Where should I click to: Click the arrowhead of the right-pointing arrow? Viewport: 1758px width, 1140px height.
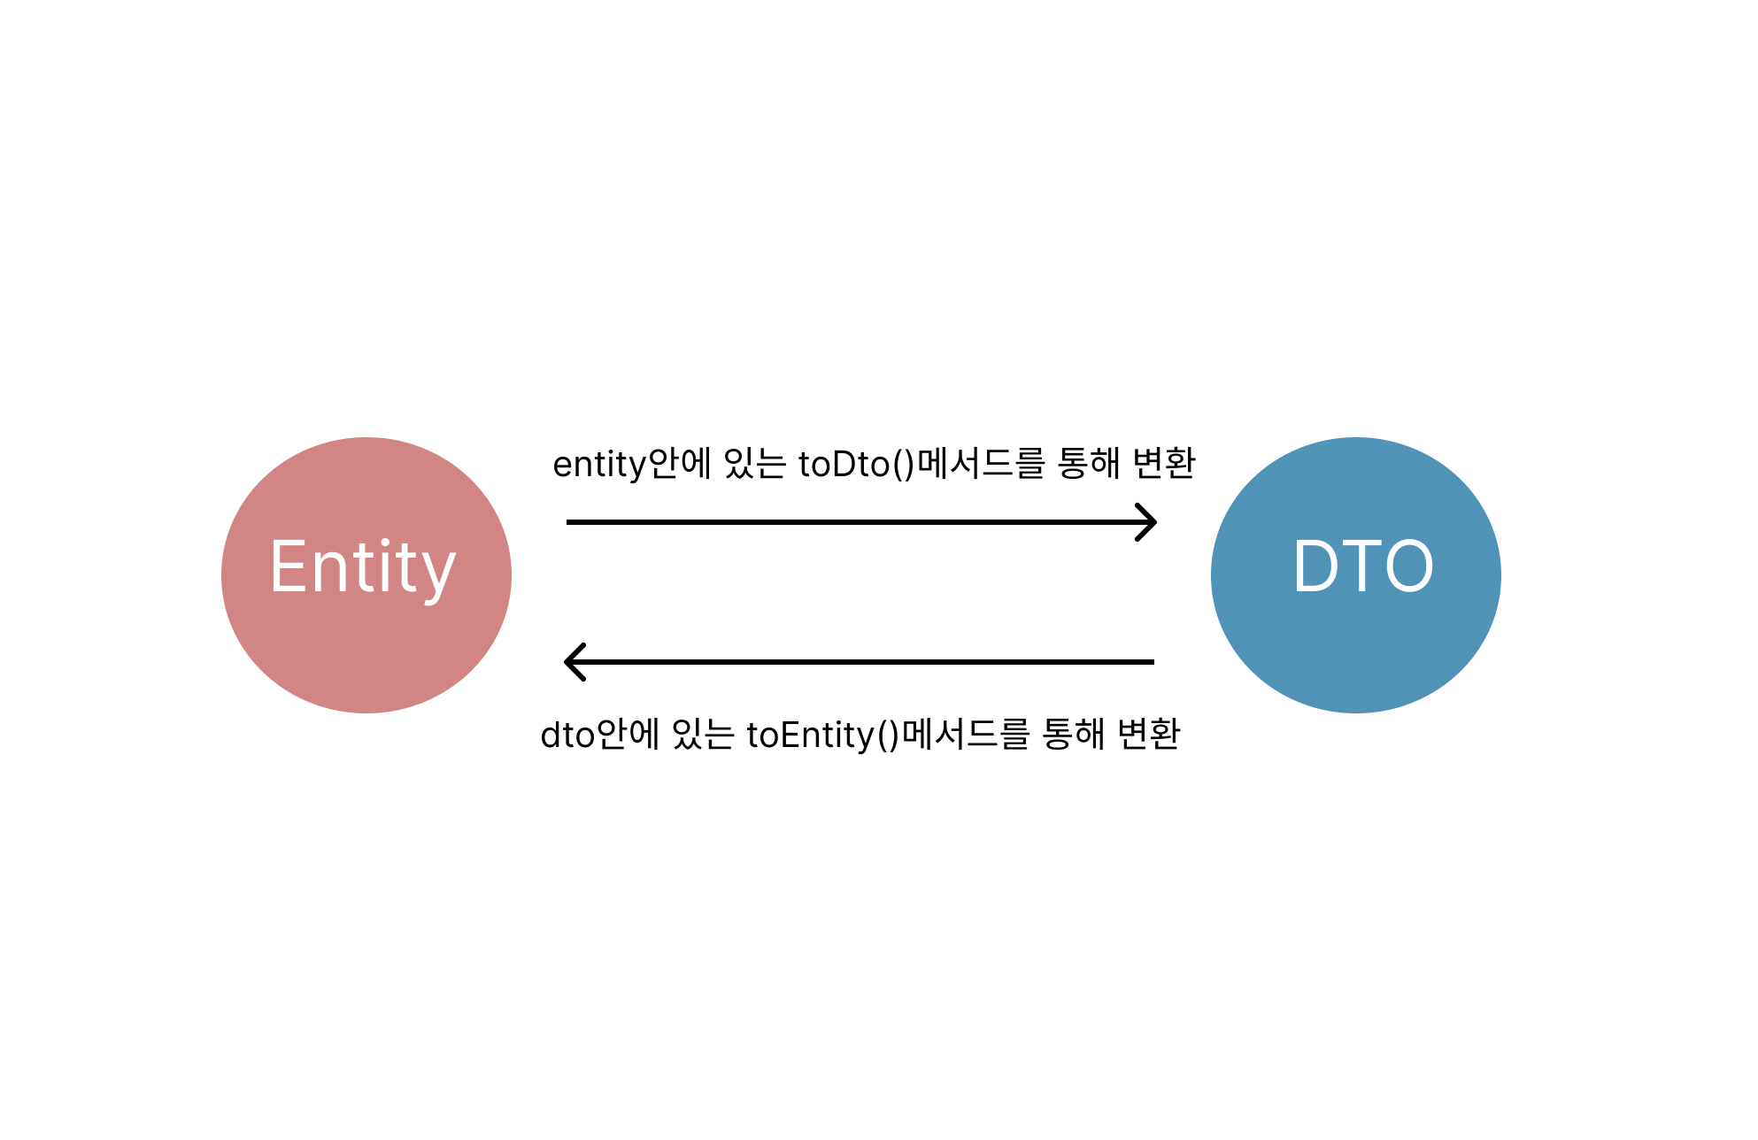pyautogui.click(x=1148, y=522)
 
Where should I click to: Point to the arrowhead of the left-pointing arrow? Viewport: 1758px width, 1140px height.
pyautogui.click(x=574, y=662)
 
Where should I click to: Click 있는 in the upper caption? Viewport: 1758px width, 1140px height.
pyautogui.click(x=754, y=464)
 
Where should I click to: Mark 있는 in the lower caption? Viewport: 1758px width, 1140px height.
pyautogui.click(x=703, y=735)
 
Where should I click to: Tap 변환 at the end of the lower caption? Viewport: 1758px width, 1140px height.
pyautogui.click(x=1148, y=734)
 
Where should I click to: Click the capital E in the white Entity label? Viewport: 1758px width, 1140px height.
pyautogui.click(x=289, y=566)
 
